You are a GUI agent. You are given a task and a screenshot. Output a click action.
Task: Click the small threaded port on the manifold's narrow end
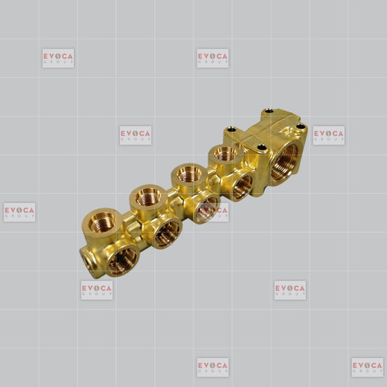pyautogui.click(x=87, y=261)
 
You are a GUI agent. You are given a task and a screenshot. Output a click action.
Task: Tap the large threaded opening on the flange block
pyautogui.click(x=285, y=162)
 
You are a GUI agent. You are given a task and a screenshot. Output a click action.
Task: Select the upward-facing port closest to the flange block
pyautogui.click(x=225, y=154)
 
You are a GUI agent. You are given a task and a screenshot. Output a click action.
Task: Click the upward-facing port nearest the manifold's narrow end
pyautogui.click(x=102, y=222)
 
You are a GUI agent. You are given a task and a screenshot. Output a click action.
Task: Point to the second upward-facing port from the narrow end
pyautogui.click(x=148, y=197)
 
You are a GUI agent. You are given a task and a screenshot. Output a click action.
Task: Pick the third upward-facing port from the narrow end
pyautogui.click(x=189, y=174)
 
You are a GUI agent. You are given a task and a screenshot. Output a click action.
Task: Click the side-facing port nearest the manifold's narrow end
pyautogui.click(x=123, y=261)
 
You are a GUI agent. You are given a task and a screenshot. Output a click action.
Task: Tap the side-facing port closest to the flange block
pyautogui.click(x=242, y=187)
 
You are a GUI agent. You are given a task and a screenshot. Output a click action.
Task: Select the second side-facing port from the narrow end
pyautogui.click(x=167, y=233)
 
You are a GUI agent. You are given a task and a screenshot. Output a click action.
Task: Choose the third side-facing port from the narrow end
pyautogui.click(x=208, y=208)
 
